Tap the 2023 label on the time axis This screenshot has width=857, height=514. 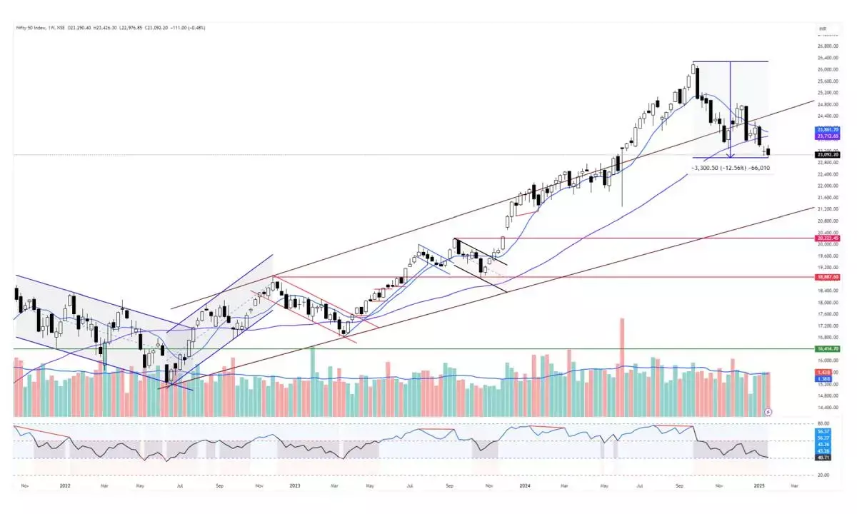(x=294, y=485)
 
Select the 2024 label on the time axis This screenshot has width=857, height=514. (x=524, y=485)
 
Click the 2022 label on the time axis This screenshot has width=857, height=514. (x=65, y=485)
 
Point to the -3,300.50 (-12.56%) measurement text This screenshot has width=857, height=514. (x=718, y=168)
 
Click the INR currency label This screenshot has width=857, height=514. (x=824, y=29)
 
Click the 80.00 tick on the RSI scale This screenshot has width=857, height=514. (x=824, y=423)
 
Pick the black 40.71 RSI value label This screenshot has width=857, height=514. (x=823, y=458)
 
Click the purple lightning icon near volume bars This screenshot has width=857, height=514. (x=768, y=412)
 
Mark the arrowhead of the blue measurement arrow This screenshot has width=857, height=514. (x=730, y=154)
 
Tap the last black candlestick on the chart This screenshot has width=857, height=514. (x=768, y=151)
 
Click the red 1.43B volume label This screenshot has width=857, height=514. (x=823, y=373)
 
